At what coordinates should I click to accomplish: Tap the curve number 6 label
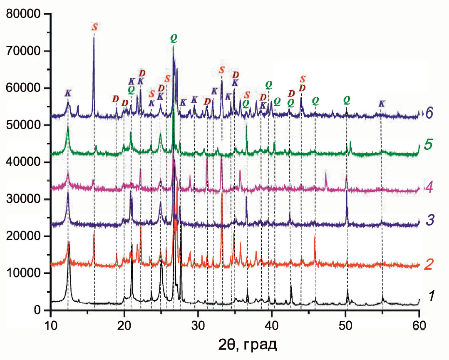click(x=430, y=113)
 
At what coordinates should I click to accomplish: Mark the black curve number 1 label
click(x=432, y=296)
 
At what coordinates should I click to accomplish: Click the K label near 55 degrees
click(x=382, y=104)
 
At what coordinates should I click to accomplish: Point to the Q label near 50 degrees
click(x=347, y=100)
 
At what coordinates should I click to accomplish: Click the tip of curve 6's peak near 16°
click(x=94, y=37)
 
